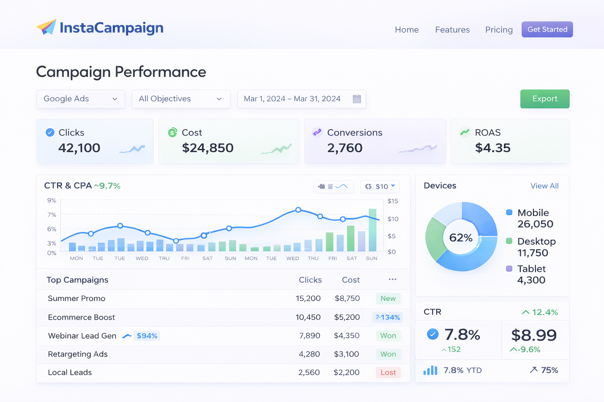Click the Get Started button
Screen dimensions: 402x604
[547, 29]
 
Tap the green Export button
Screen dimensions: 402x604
[545, 99]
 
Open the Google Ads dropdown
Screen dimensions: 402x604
[81, 99]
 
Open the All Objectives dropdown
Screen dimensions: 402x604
[181, 99]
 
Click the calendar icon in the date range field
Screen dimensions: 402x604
[357, 99]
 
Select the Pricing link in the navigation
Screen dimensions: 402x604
[499, 30]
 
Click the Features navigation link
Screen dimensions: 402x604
[452, 30]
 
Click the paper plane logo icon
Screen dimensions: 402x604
[46, 27]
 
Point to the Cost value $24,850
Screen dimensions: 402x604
[208, 148]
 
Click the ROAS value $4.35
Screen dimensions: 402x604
[493, 148]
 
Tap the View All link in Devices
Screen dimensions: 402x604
[544, 186]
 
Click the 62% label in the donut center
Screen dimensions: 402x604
[460, 238]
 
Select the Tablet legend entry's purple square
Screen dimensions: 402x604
[509, 269]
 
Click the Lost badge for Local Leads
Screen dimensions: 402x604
[388, 373]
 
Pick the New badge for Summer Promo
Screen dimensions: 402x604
[388, 299]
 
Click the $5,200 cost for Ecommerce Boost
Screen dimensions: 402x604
[347, 317]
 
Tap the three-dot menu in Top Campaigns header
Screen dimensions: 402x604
[392, 280]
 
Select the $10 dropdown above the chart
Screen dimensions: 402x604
[380, 186]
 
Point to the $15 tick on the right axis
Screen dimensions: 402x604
[392, 201]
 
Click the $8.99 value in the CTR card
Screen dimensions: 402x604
[534, 335]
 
